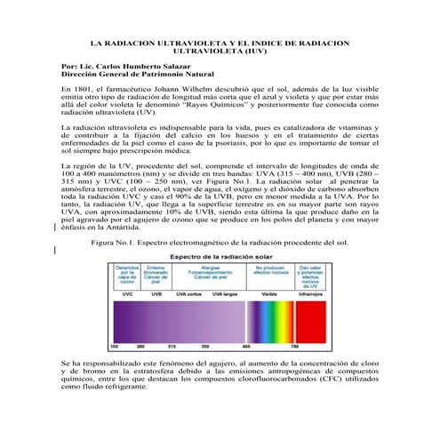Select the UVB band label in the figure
pos(156,292)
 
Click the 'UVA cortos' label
pos(188,292)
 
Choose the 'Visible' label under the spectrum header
pos(270,292)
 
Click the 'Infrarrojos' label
pos(310,292)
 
